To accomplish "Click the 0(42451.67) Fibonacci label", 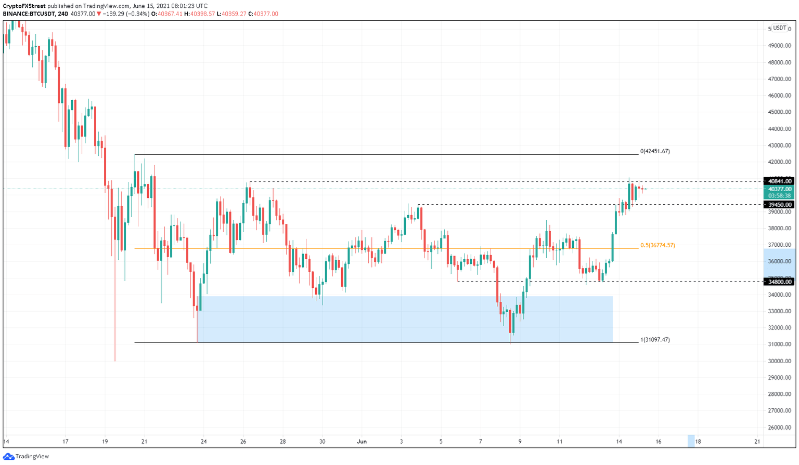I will tap(655, 151).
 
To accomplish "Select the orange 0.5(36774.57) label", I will tap(658, 245).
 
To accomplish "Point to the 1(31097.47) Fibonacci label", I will tap(655, 340).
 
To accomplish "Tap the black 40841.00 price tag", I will tap(779, 181).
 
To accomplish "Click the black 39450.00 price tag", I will tap(779, 205).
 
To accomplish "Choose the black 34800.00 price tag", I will tap(779, 282).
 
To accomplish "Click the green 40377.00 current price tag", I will tap(779, 190).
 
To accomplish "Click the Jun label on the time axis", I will tap(362, 442).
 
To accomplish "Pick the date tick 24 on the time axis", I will tap(204, 442).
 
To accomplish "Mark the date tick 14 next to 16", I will tap(619, 442).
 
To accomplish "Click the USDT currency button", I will tap(779, 28).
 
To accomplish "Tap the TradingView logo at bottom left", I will tap(26, 457).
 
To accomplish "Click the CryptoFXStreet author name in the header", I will tap(24, 6).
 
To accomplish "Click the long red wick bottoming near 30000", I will tap(115, 312).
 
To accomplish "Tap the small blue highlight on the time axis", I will tap(691, 441).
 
